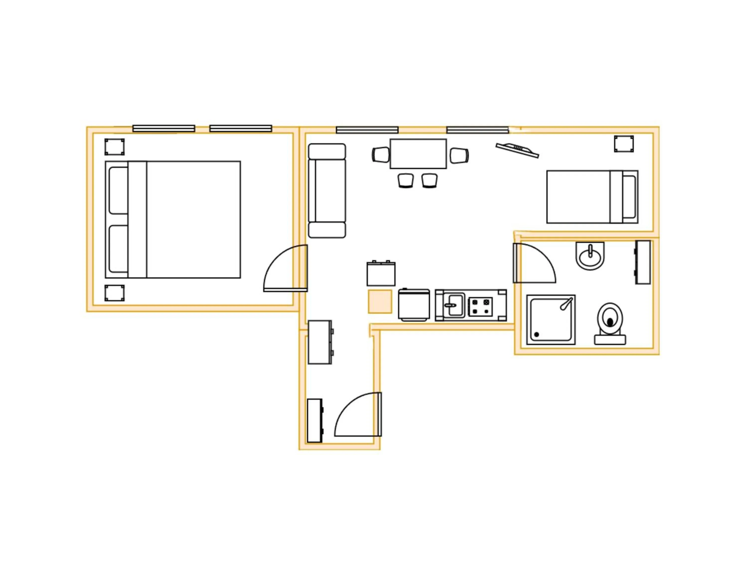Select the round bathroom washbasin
pyautogui.click(x=590, y=256)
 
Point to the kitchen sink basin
pyautogui.click(x=455, y=305)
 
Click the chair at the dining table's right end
pyautogui.click(x=459, y=156)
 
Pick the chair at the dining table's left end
pyautogui.click(x=381, y=155)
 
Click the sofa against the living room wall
pyautogui.click(x=327, y=191)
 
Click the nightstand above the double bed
pyautogui.click(x=114, y=147)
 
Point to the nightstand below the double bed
pyautogui.click(x=114, y=293)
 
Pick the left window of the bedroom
pyautogui.click(x=164, y=128)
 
